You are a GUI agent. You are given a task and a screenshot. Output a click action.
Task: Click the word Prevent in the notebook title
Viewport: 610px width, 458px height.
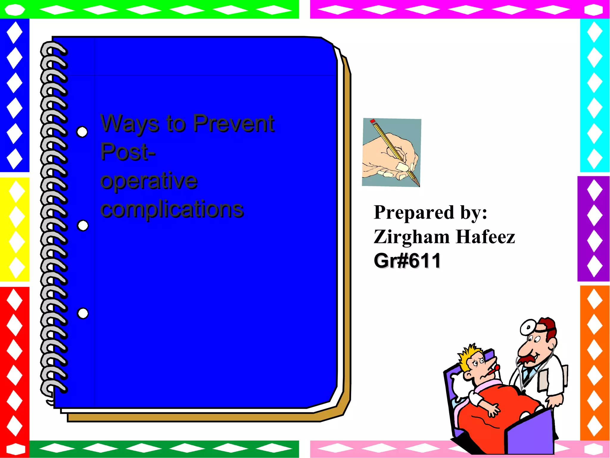click(x=234, y=123)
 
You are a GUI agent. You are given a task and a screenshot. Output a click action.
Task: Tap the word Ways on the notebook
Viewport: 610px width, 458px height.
click(x=130, y=124)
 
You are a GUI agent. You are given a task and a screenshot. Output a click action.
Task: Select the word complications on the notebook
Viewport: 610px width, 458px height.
click(x=172, y=209)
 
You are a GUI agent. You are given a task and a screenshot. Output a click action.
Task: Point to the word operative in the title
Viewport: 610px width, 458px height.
click(x=149, y=181)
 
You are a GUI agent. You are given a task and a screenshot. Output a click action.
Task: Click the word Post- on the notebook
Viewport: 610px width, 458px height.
click(x=128, y=152)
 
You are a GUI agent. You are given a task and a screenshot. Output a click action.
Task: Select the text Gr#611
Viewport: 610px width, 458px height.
click(x=407, y=261)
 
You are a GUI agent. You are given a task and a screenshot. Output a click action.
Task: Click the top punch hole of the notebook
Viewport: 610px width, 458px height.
click(x=82, y=132)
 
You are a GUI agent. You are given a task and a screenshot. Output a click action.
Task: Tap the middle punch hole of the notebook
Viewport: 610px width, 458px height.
click(x=83, y=226)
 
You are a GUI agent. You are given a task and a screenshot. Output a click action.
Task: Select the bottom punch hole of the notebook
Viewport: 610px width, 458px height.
click(x=83, y=313)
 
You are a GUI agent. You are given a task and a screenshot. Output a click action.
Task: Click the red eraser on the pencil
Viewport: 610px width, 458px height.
click(x=373, y=121)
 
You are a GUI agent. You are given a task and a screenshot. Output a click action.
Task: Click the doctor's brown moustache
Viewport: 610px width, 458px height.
click(x=528, y=359)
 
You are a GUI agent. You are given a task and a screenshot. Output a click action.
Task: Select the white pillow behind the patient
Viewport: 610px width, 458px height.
click(x=458, y=385)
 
